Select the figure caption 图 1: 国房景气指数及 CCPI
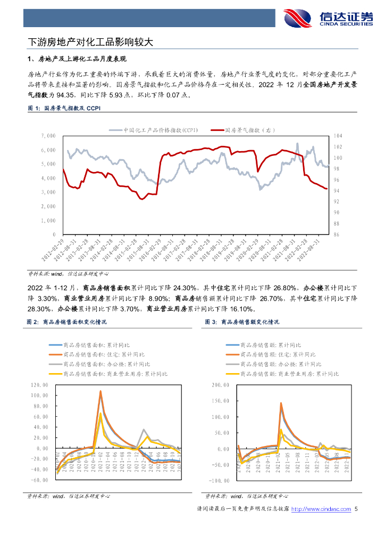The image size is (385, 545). point(64,109)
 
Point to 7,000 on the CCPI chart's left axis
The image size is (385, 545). point(47,136)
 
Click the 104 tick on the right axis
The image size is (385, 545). point(338,136)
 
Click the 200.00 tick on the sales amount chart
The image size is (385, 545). point(220,385)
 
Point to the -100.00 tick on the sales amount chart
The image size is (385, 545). point(219,480)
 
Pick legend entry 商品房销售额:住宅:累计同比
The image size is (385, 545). point(277,354)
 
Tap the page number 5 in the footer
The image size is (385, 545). point(356,509)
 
